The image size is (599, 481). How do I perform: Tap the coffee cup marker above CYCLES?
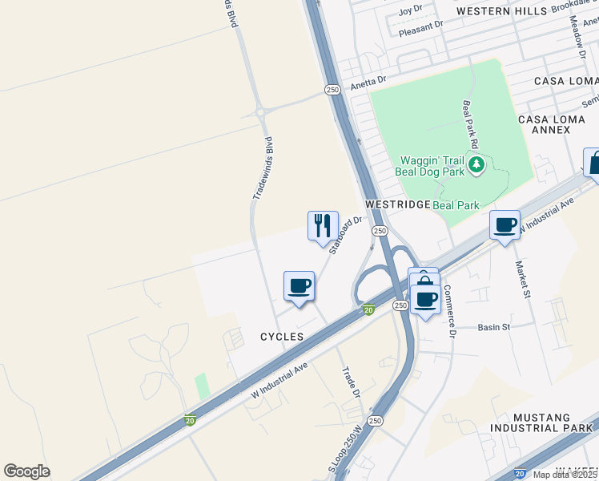[299, 285]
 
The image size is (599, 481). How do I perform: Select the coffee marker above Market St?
[505, 225]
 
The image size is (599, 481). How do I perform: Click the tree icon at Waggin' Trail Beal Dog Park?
[477, 165]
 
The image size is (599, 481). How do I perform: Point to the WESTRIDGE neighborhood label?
[397, 205]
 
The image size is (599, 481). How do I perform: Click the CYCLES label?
[282, 338]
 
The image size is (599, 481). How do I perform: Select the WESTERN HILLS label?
[501, 11]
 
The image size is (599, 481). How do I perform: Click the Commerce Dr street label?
[449, 310]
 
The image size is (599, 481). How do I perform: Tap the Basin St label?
[493, 327]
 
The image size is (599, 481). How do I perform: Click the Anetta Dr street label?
[368, 80]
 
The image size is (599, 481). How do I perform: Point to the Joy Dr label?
[410, 10]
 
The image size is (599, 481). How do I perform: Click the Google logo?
[26, 471]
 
